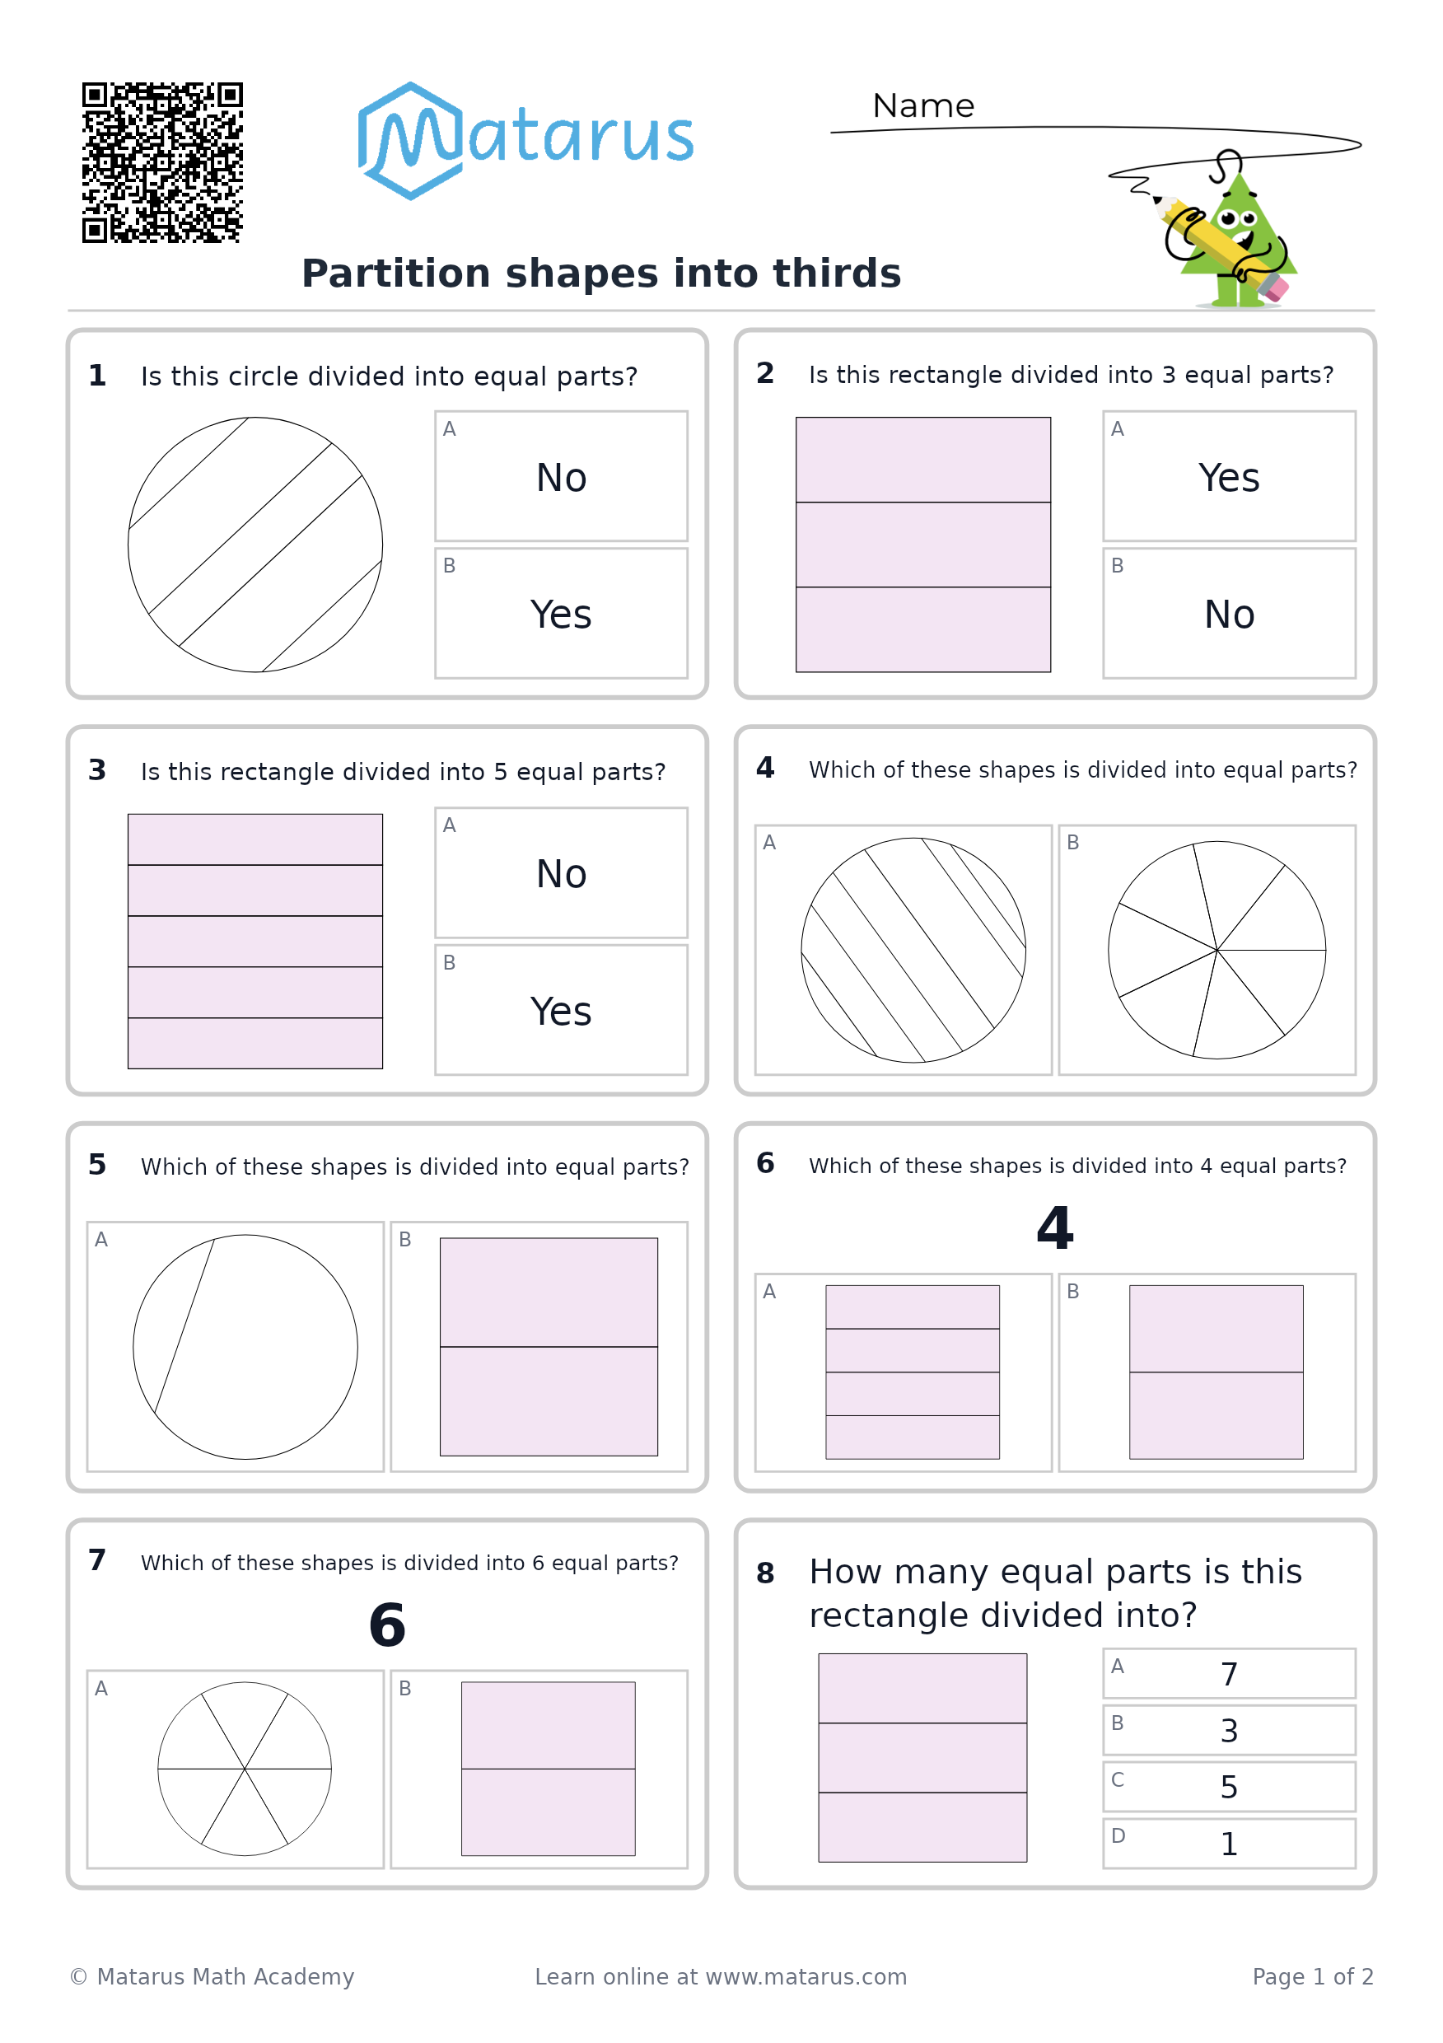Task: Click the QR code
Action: click(162, 163)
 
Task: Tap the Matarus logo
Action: click(525, 141)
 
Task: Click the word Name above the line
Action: click(923, 106)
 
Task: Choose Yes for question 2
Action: click(1229, 478)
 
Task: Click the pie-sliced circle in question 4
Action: click(1217, 951)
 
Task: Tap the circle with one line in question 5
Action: click(245, 1347)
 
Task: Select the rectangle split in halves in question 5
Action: click(549, 1347)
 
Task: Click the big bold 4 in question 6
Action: click(1055, 1228)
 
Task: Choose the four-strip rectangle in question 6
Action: click(912, 1372)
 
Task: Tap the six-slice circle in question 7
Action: click(245, 1769)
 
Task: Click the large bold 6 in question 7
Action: click(387, 1625)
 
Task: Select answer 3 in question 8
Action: click(1229, 1731)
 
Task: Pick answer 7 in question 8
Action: click(1229, 1674)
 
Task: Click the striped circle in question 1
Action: click(255, 545)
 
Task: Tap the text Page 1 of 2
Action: click(1312, 1977)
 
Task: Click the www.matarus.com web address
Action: click(806, 1977)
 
